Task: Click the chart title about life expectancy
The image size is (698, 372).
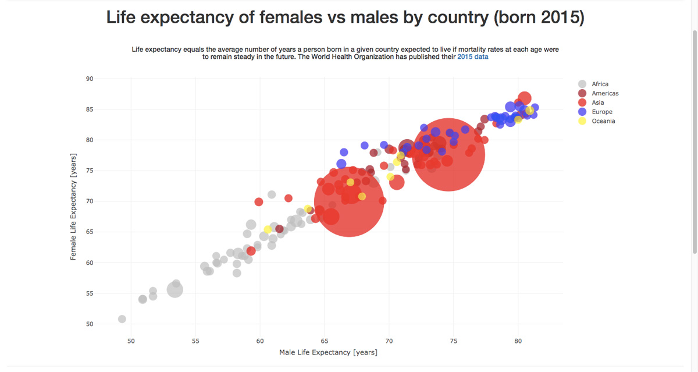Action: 345,17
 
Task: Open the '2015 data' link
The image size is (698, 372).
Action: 473,57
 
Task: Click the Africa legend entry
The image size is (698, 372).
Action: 600,84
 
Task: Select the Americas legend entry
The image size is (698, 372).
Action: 605,93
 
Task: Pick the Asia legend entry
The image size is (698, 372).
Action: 597,102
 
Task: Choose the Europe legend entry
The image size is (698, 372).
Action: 601,112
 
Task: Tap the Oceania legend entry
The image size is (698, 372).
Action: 603,121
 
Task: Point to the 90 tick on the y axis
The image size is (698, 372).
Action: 90,79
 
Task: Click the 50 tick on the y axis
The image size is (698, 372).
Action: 90,324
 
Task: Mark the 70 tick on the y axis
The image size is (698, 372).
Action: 90,201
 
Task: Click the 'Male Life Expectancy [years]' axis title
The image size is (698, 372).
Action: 328,352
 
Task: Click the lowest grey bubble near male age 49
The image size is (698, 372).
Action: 122,319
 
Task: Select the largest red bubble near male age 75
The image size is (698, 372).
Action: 448,154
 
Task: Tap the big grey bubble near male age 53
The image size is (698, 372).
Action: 175,289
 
